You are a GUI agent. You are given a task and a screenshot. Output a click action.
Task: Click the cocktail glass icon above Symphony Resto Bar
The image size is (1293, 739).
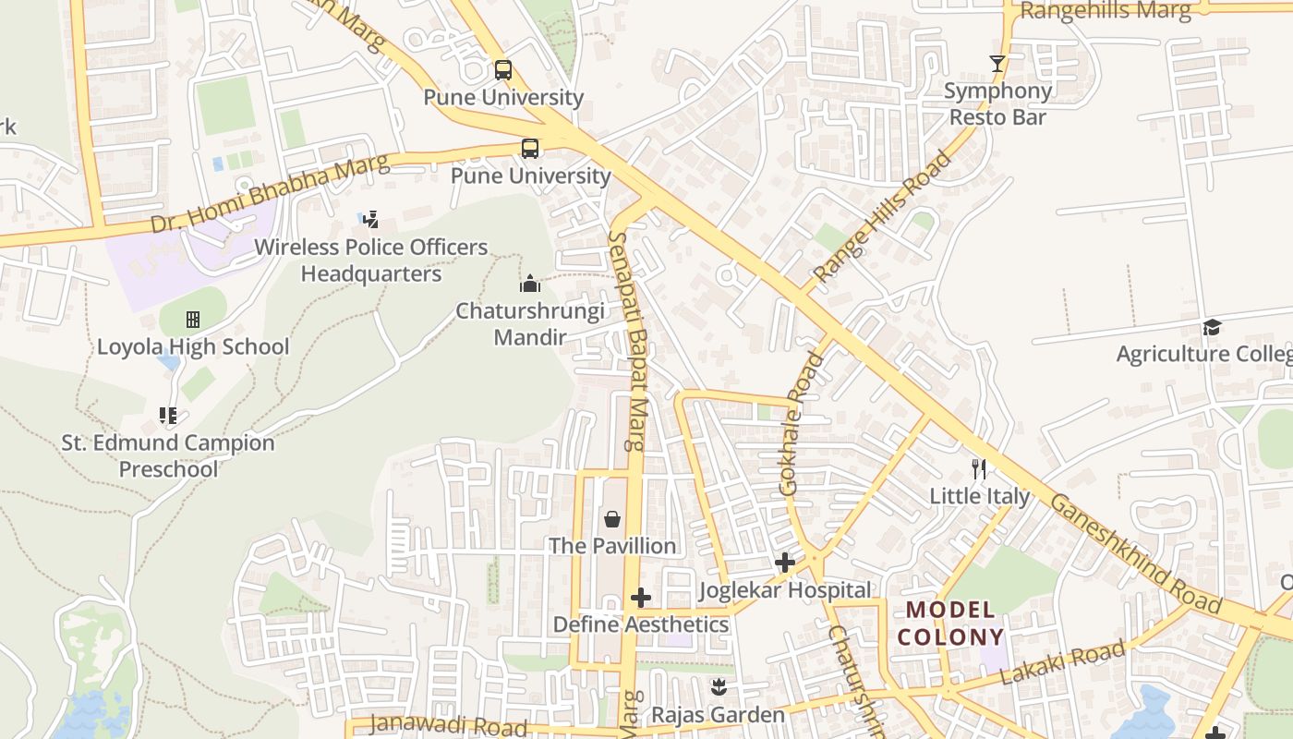(997, 64)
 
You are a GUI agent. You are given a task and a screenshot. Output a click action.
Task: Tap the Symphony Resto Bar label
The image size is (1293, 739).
(997, 103)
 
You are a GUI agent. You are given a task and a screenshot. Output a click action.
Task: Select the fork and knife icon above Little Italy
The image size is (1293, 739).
(979, 469)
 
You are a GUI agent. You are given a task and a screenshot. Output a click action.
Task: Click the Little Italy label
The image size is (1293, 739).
(979, 496)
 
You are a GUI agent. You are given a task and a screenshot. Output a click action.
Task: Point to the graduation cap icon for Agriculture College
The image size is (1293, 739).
(1212, 327)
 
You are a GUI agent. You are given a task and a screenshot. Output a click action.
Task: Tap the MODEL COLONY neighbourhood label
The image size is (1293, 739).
(950, 623)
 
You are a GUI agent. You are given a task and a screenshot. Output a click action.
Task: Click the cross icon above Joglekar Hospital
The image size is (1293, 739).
(785, 562)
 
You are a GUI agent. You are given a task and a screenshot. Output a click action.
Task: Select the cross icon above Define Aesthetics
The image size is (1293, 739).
(641, 598)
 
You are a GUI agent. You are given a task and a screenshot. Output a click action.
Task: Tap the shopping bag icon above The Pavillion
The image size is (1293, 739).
(611, 519)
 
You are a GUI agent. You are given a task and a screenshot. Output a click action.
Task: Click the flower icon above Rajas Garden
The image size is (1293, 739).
(718, 687)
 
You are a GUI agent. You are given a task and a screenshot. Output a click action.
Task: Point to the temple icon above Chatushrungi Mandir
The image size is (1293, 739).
(529, 284)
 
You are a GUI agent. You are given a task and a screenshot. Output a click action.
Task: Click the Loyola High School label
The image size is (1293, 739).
(193, 347)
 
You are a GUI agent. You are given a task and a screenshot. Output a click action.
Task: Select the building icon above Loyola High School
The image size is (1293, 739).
(193, 320)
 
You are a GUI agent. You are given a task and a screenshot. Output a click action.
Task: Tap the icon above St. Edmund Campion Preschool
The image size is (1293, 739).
(167, 416)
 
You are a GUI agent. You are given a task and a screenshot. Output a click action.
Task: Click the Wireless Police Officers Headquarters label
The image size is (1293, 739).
(371, 260)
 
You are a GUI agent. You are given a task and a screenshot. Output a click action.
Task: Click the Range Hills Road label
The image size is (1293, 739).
(882, 217)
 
